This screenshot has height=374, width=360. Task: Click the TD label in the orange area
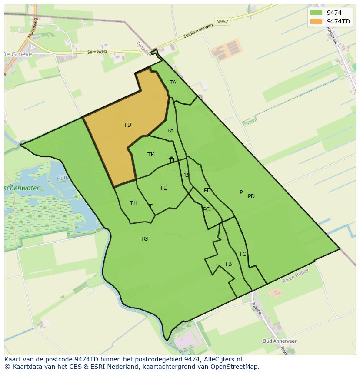(127, 125)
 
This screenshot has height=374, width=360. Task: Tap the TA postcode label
(173, 83)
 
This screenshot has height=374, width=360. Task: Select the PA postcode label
(170, 131)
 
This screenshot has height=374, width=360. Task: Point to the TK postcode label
(151, 155)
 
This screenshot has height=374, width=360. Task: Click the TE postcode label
(163, 188)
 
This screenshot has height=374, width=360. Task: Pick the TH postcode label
(133, 203)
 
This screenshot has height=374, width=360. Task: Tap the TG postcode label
(144, 239)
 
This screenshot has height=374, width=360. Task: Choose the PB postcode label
(186, 175)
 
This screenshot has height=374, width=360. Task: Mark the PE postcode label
(207, 190)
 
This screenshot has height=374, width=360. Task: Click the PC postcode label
(206, 209)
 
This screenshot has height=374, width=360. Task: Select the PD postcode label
(251, 196)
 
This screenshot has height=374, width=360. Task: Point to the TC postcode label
(243, 254)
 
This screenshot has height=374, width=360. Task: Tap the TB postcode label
(228, 264)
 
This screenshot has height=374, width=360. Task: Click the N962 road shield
(222, 21)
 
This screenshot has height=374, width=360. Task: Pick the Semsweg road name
(97, 51)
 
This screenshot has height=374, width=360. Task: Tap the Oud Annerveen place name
(280, 341)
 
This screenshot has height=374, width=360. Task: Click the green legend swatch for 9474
(316, 13)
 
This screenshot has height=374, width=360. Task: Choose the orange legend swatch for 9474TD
(316, 21)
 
